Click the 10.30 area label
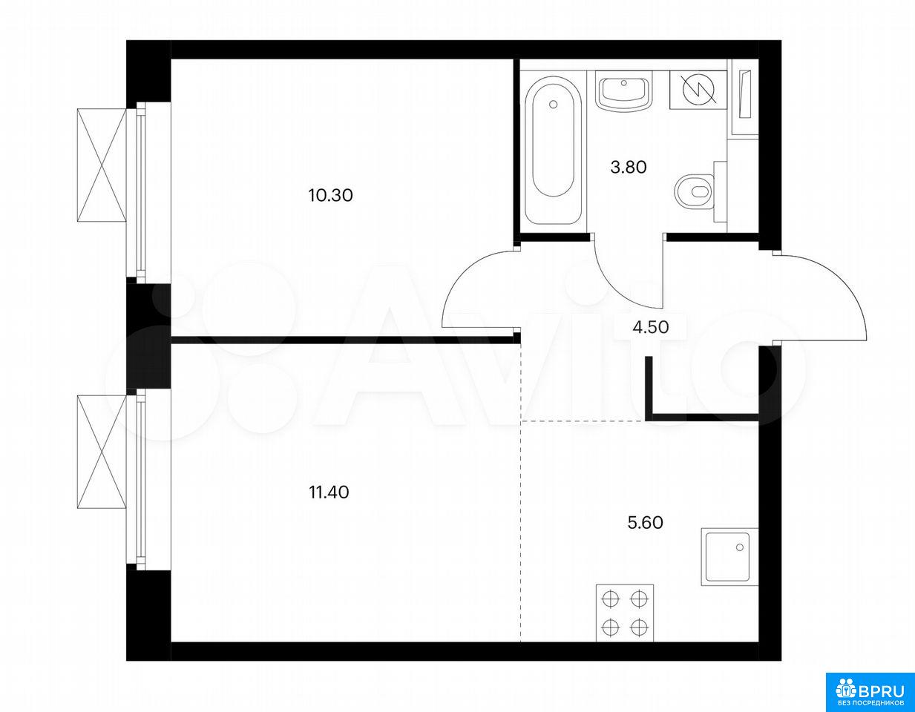[x=330, y=196]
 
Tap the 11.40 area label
[x=329, y=492]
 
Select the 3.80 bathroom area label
[x=629, y=168]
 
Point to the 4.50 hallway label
[x=651, y=327]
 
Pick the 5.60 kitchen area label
[x=645, y=523]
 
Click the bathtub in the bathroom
[x=554, y=151]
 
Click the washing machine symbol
[x=698, y=90]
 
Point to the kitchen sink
[x=729, y=557]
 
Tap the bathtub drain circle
[x=554, y=105]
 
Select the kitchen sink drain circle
[x=740, y=547]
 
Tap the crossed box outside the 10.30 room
[x=102, y=164]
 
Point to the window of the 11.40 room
[x=142, y=479]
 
